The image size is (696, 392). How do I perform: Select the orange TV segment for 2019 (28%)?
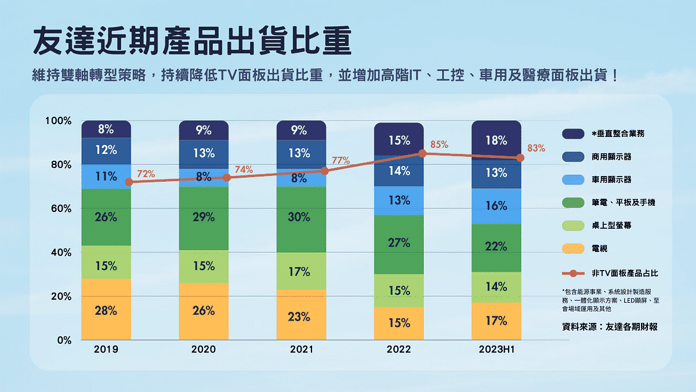coord(106,310)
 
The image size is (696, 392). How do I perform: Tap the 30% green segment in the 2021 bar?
coord(301,217)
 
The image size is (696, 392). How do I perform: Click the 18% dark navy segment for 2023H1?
coord(496,139)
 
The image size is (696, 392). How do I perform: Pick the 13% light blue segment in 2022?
coord(399,200)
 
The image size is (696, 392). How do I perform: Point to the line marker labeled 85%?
coord(423,153)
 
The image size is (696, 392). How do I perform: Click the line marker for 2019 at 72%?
coord(129,182)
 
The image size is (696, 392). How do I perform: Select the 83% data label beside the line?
coord(536,148)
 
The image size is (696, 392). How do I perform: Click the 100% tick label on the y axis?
coord(58,121)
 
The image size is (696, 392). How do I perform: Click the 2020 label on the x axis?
coord(203,350)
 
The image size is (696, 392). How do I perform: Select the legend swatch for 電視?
coord(572,249)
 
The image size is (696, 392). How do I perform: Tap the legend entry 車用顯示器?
coord(611,179)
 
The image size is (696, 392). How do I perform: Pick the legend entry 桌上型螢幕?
coord(611,225)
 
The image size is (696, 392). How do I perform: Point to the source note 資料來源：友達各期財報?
coord(610,327)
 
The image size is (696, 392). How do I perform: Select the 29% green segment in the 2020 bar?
coord(204,217)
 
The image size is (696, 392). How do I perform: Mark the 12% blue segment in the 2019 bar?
coord(106,150)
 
